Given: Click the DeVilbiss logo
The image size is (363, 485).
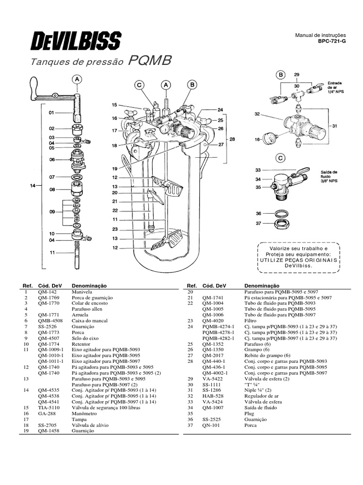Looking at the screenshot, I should click(76, 40).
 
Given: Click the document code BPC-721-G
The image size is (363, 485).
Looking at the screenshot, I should click(332, 42).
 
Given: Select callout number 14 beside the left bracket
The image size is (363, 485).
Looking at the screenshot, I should click(33, 186).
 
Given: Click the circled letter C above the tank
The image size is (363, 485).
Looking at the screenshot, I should click(139, 85).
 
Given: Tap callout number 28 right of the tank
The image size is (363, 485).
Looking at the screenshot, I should click(231, 139).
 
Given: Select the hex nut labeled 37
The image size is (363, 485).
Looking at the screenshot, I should click(282, 224).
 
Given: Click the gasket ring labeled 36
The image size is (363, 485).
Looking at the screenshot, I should click(281, 211).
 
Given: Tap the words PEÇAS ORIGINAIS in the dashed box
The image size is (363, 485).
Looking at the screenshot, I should click(312, 260).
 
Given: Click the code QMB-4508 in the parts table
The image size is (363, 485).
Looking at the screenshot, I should click(49, 320).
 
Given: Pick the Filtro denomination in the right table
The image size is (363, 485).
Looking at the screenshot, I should click(251, 320).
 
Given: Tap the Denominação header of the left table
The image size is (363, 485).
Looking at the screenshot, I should click(89, 286).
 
